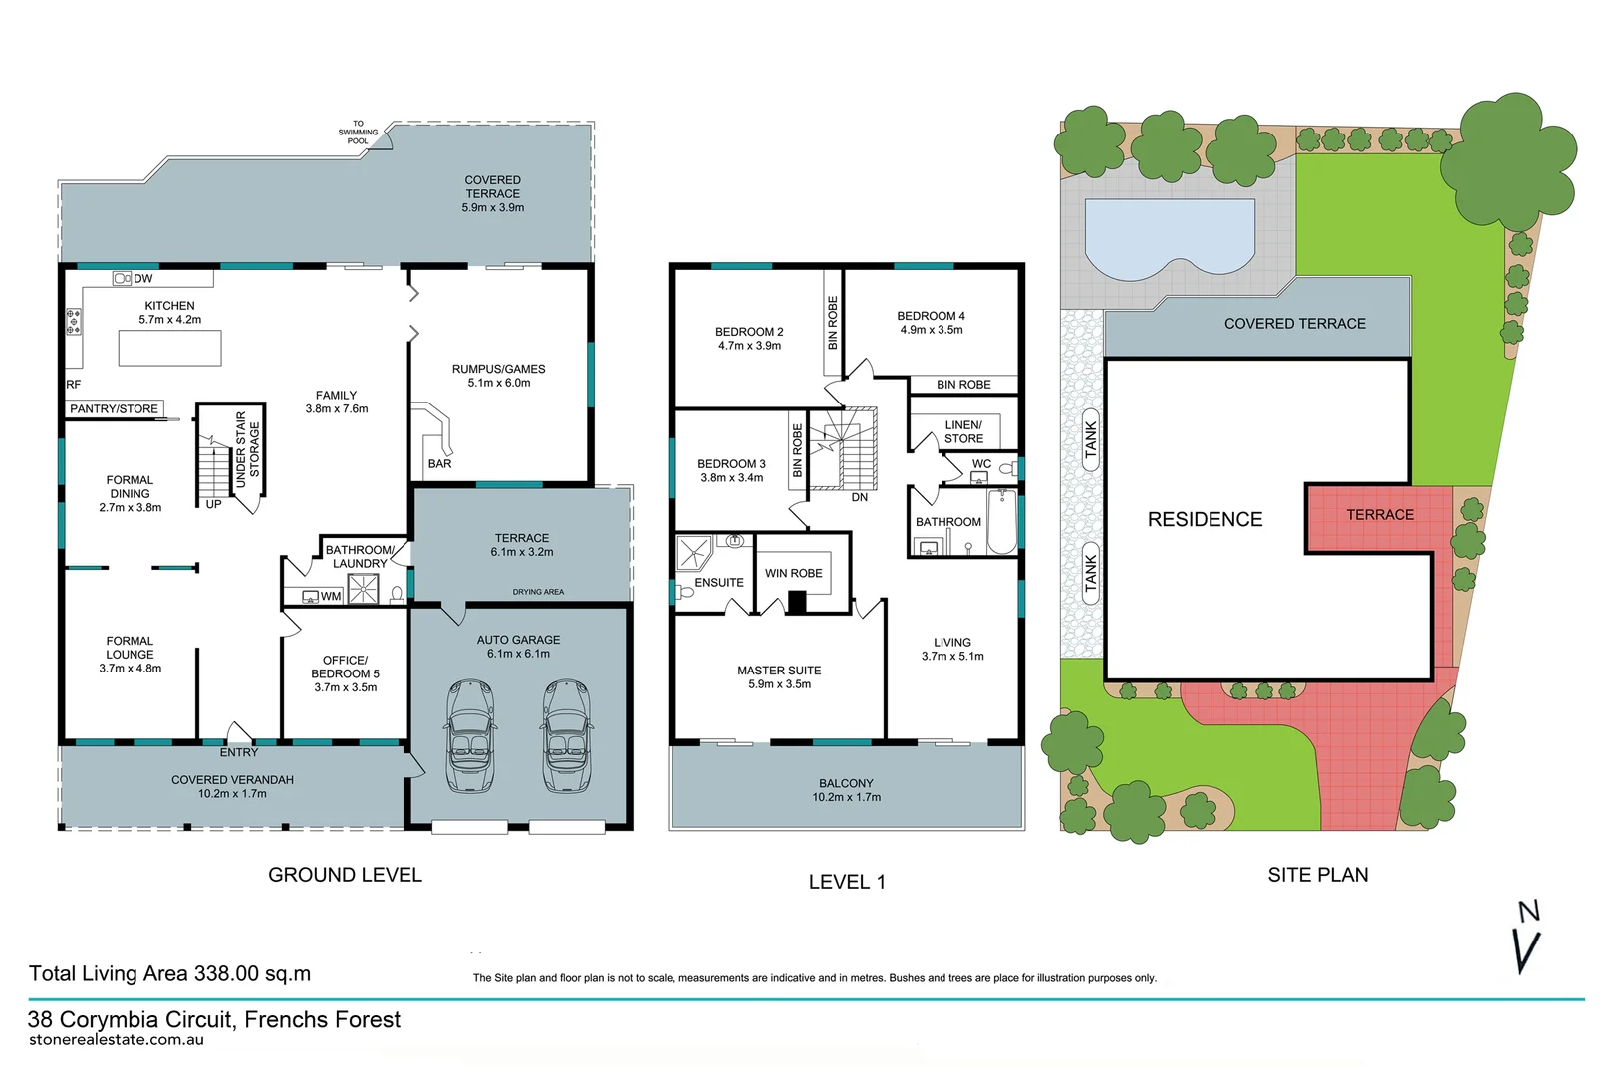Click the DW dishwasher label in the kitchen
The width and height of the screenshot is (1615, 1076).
(x=142, y=279)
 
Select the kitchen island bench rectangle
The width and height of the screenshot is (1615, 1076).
(x=169, y=348)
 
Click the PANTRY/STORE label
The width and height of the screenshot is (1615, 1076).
(x=114, y=409)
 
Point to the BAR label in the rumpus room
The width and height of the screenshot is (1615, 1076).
(x=439, y=464)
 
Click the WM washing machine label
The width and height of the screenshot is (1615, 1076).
(x=331, y=597)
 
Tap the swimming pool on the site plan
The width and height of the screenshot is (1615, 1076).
(x=1169, y=237)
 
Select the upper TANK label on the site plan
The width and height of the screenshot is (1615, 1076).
(x=1091, y=439)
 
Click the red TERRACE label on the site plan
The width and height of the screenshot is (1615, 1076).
(x=1380, y=515)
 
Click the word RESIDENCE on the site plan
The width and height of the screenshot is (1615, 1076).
(x=1205, y=520)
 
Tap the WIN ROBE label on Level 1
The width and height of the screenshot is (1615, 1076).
(x=793, y=574)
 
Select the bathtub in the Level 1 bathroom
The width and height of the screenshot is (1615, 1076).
(x=1001, y=522)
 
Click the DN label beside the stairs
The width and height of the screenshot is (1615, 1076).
(x=859, y=497)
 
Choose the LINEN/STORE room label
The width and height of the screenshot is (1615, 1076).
(x=963, y=432)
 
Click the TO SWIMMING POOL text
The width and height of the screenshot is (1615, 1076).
(x=358, y=133)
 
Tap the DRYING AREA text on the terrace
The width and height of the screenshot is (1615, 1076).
(x=538, y=592)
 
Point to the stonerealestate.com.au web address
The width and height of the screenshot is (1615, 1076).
(x=117, y=1040)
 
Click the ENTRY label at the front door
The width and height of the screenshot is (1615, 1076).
(x=238, y=752)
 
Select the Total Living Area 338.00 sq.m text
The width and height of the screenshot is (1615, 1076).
(x=169, y=974)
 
